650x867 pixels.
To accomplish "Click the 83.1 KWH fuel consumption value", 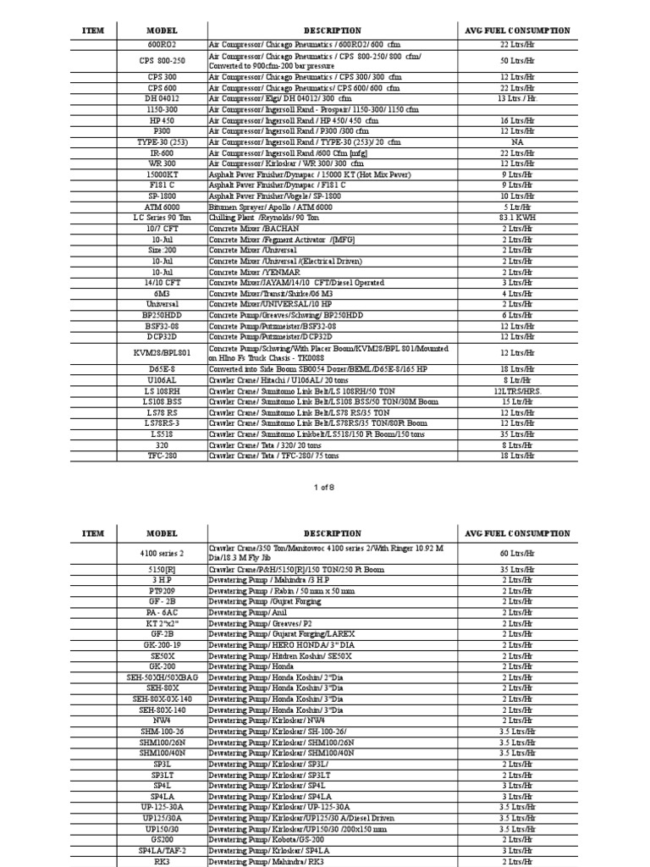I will tap(517, 218).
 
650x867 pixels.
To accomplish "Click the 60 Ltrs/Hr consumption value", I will tap(517, 554).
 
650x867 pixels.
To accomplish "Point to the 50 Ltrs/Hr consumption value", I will tap(517, 61).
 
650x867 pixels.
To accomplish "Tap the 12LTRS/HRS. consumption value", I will tap(517, 392).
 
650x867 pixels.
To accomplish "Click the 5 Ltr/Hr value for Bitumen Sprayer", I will tap(517, 207).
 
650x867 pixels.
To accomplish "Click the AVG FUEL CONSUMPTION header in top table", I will tap(517, 30).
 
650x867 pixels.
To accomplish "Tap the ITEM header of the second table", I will tap(92, 534).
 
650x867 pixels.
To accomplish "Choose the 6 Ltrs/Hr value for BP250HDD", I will tap(517, 315).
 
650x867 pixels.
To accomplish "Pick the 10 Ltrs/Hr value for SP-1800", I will tap(517, 196).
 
